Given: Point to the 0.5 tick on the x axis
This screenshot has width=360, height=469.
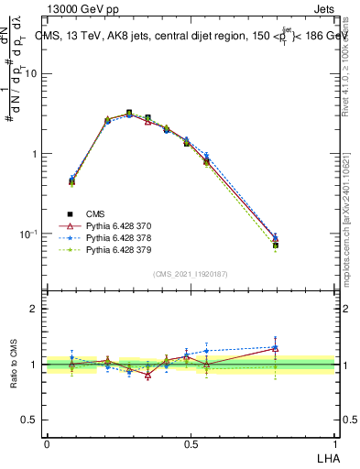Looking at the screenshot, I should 191,443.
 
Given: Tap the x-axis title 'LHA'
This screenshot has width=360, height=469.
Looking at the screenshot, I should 325,457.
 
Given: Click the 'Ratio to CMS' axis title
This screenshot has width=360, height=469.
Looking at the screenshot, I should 13,364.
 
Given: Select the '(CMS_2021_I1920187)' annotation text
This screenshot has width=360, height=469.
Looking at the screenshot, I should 191,273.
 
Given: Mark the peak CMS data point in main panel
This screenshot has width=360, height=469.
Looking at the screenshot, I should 129,113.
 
